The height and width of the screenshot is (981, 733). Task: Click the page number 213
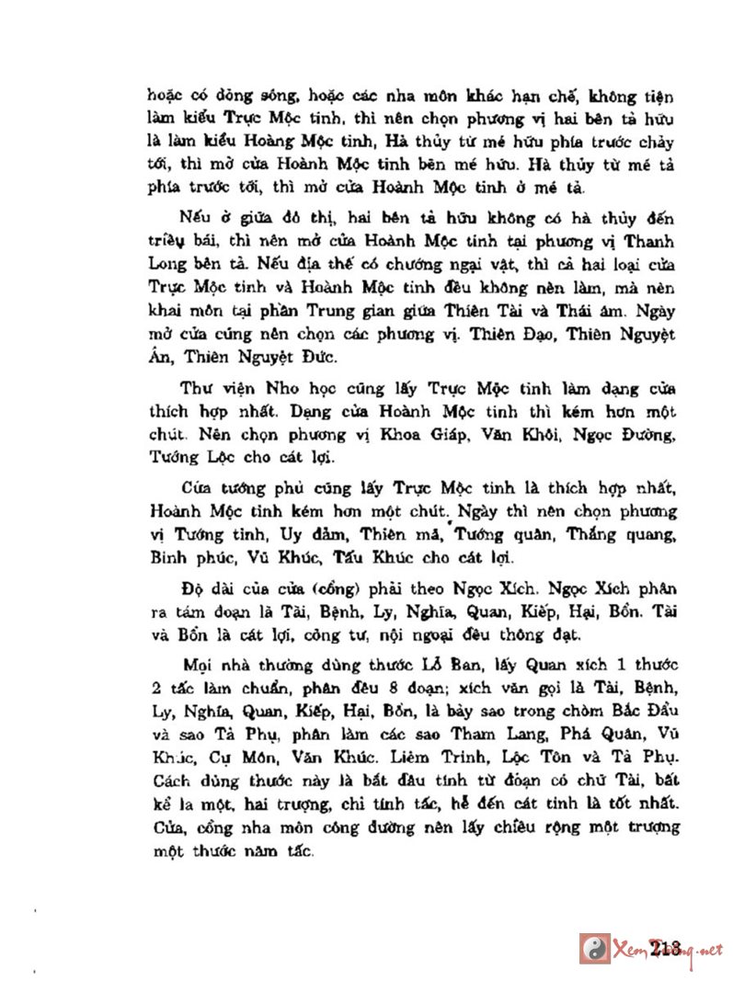[x=663, y=946]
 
